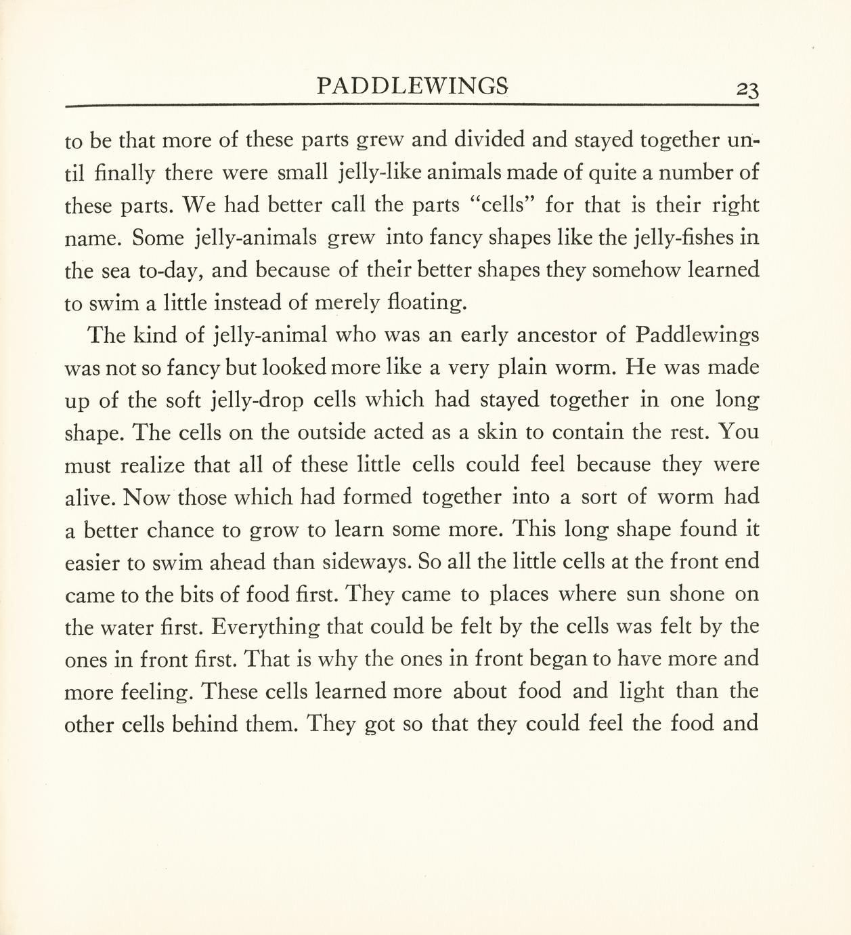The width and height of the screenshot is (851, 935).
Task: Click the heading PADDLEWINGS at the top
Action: tap(412, 86)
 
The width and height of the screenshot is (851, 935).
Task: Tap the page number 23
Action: tap(747, 89)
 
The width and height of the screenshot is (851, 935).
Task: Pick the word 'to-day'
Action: tap(169, 271)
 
